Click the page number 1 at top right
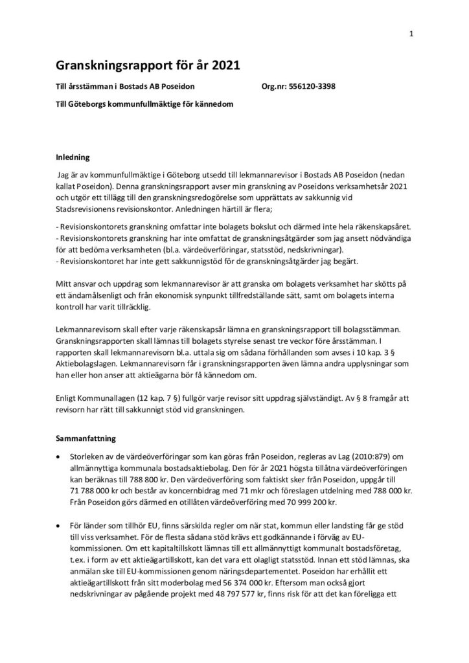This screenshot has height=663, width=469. click(411, 34)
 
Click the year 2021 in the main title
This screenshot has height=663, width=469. click(221, 65)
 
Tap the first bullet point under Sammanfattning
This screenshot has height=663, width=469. click(60, 456)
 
